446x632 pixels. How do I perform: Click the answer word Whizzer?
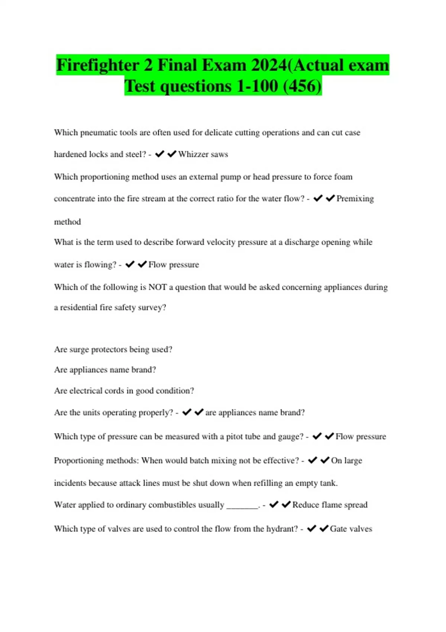point(193,154)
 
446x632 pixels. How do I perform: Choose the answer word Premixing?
point(355,199)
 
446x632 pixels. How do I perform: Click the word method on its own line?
point(67,222)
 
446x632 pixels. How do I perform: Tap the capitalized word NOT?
point(158,287)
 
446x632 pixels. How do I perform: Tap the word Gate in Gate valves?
point(338,529)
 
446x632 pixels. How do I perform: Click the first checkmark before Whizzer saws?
point(159,154)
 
